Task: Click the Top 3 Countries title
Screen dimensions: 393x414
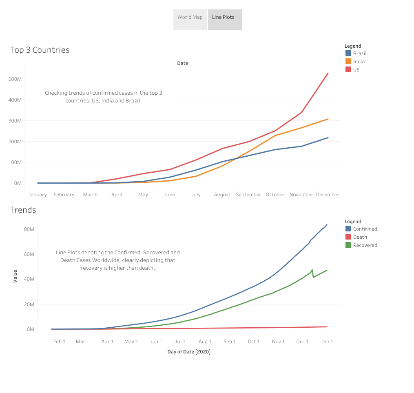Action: [x=40, y=50]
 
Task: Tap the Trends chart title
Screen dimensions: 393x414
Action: [x=23, y=210]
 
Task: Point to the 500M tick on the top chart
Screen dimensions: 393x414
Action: [x=15, y=79]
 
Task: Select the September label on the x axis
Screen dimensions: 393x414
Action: [x=248, y=195]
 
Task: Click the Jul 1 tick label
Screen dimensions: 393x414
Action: [x=180, y=342]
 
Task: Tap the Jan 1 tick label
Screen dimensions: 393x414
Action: [x=327, y=342]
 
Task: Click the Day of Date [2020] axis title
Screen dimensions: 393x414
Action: [x=189, y=352]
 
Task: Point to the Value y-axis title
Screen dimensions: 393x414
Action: [x=15, y=276]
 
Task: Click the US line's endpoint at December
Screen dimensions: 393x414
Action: [x=328, y=73]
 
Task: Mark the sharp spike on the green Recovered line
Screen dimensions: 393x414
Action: [x=312, y=270]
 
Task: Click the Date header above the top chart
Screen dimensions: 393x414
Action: [x=182, y=63]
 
